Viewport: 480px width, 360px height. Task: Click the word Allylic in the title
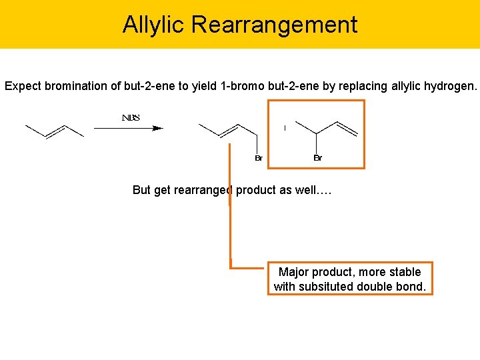[x=154, y=25]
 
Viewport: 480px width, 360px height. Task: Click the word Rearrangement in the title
[x=274, y=25]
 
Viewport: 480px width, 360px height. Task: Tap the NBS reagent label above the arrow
[x=131, y=118]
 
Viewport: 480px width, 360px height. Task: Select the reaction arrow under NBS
[x=128, y=128]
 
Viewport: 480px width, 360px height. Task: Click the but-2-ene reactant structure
[x=54, y=131]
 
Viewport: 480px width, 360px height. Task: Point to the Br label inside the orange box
[x=317, y=158]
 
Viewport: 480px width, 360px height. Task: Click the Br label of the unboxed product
[x=259, y=158]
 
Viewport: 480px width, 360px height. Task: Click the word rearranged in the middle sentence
[x=202, y=190]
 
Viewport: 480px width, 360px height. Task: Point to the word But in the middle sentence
[x=142, y=190]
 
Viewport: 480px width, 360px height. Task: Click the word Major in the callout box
[x=293, y=272]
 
